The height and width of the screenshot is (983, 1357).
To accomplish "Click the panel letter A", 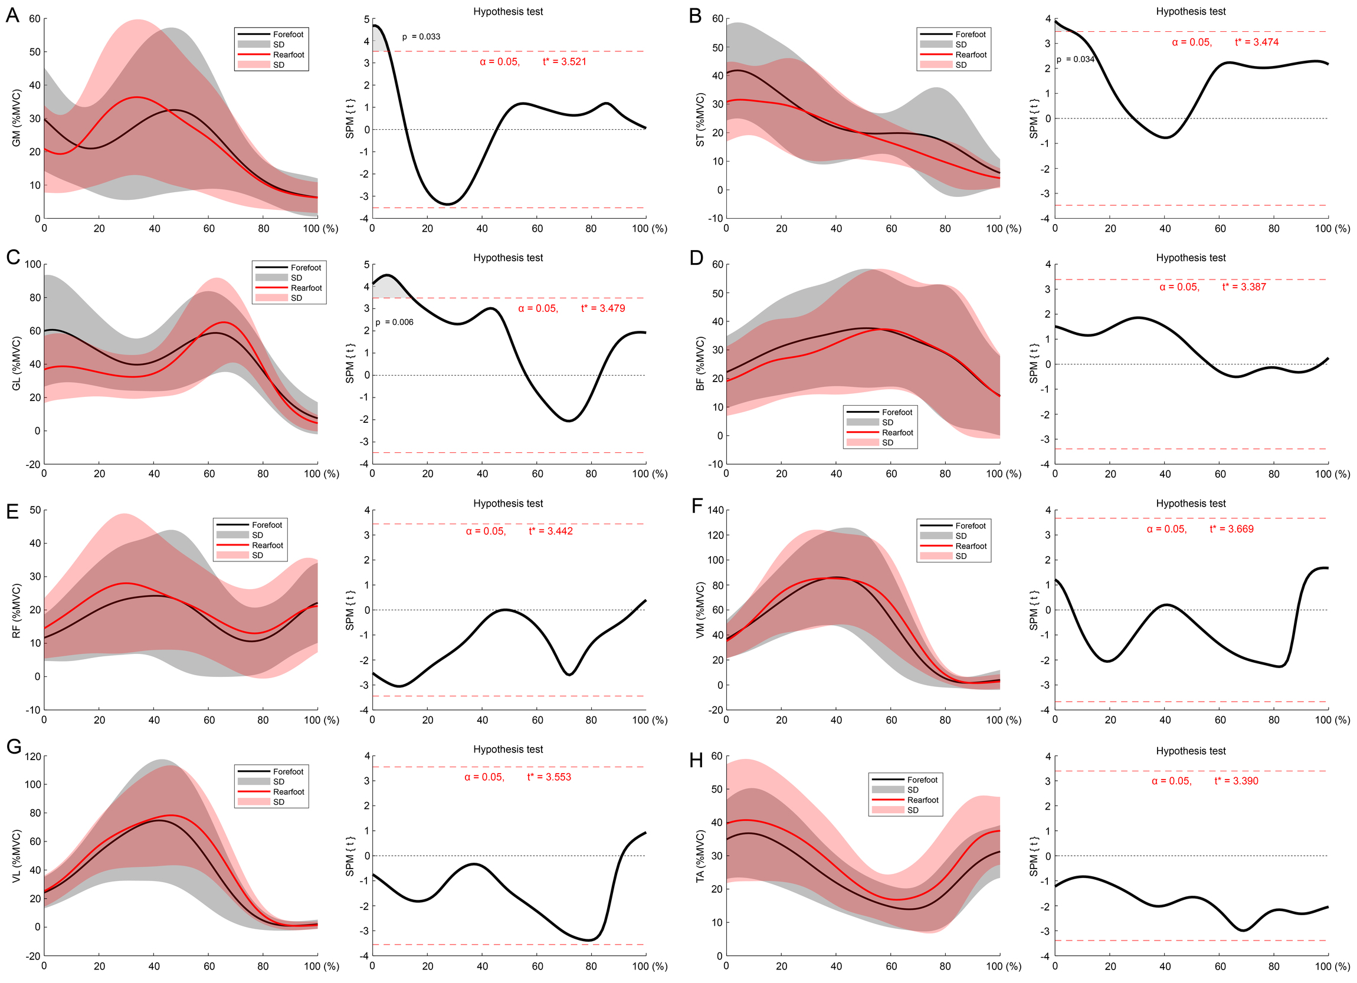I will click(x=12, y=15).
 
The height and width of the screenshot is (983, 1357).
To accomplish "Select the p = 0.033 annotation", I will click(x=421, y=37).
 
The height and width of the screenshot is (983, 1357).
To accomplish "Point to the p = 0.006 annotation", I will click(x=394, y=323).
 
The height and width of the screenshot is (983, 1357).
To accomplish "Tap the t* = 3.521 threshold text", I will click(x=564, y=61).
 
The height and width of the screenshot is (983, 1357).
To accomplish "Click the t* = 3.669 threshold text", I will click(x=1231, y=529).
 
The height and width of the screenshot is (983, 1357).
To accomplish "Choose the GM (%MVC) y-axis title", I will click(x=16, y=118).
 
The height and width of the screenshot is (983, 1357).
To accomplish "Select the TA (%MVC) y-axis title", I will click(x=700, y=856).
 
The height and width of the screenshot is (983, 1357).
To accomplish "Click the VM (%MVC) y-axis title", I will click(x=700, y=610).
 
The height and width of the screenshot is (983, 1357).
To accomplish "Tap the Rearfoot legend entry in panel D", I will click(x=897, y=432).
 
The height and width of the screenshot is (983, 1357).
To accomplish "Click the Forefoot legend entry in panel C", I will click(x=306, y=268).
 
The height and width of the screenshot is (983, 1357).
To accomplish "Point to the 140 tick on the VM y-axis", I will click(x=716, y=510).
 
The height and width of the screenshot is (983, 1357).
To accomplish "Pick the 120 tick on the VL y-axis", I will click(x=33, y=757).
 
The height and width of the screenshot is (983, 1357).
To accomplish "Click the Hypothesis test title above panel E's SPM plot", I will click(x=508, y=504).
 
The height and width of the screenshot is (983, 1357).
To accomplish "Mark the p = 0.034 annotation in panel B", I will click(x=1075, y=59).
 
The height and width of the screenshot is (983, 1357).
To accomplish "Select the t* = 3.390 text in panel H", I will click(x=1236, y=781).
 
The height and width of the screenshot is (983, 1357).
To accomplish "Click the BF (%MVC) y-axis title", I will click(x=700, y=364).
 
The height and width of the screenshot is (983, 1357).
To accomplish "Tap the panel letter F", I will click(x=696, y=506).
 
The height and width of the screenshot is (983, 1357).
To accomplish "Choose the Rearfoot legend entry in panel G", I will click(x=289, y=792).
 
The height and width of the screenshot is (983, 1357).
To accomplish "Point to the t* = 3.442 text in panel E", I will click(x=550, y=531).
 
